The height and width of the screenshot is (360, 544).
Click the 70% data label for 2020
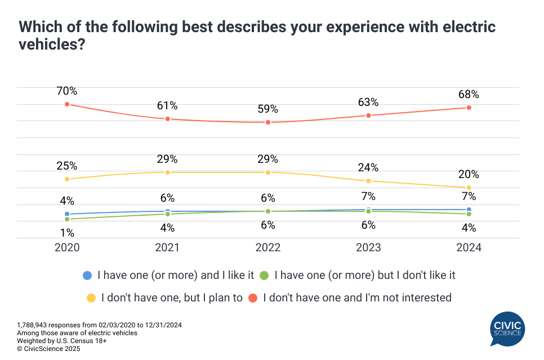66,91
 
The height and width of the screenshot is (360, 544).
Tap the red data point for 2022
268,122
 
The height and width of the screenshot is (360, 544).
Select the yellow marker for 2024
469,188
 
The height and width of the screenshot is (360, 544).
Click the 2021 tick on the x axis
167,248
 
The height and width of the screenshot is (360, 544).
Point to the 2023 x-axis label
368,248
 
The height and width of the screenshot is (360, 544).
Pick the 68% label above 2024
469,95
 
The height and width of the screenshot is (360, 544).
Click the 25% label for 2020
66,166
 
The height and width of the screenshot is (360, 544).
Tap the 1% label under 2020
66,233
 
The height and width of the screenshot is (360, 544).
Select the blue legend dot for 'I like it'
87,275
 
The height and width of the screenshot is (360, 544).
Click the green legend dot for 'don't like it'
264,275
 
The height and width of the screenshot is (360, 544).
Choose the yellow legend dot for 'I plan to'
91,297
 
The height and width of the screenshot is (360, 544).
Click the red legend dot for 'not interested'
253,297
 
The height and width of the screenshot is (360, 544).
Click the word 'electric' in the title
449,26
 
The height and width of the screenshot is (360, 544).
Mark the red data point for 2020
67,104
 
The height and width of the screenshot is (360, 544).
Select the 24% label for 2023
368,168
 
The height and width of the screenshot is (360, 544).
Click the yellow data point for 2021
167,172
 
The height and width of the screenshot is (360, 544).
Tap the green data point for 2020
67,219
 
